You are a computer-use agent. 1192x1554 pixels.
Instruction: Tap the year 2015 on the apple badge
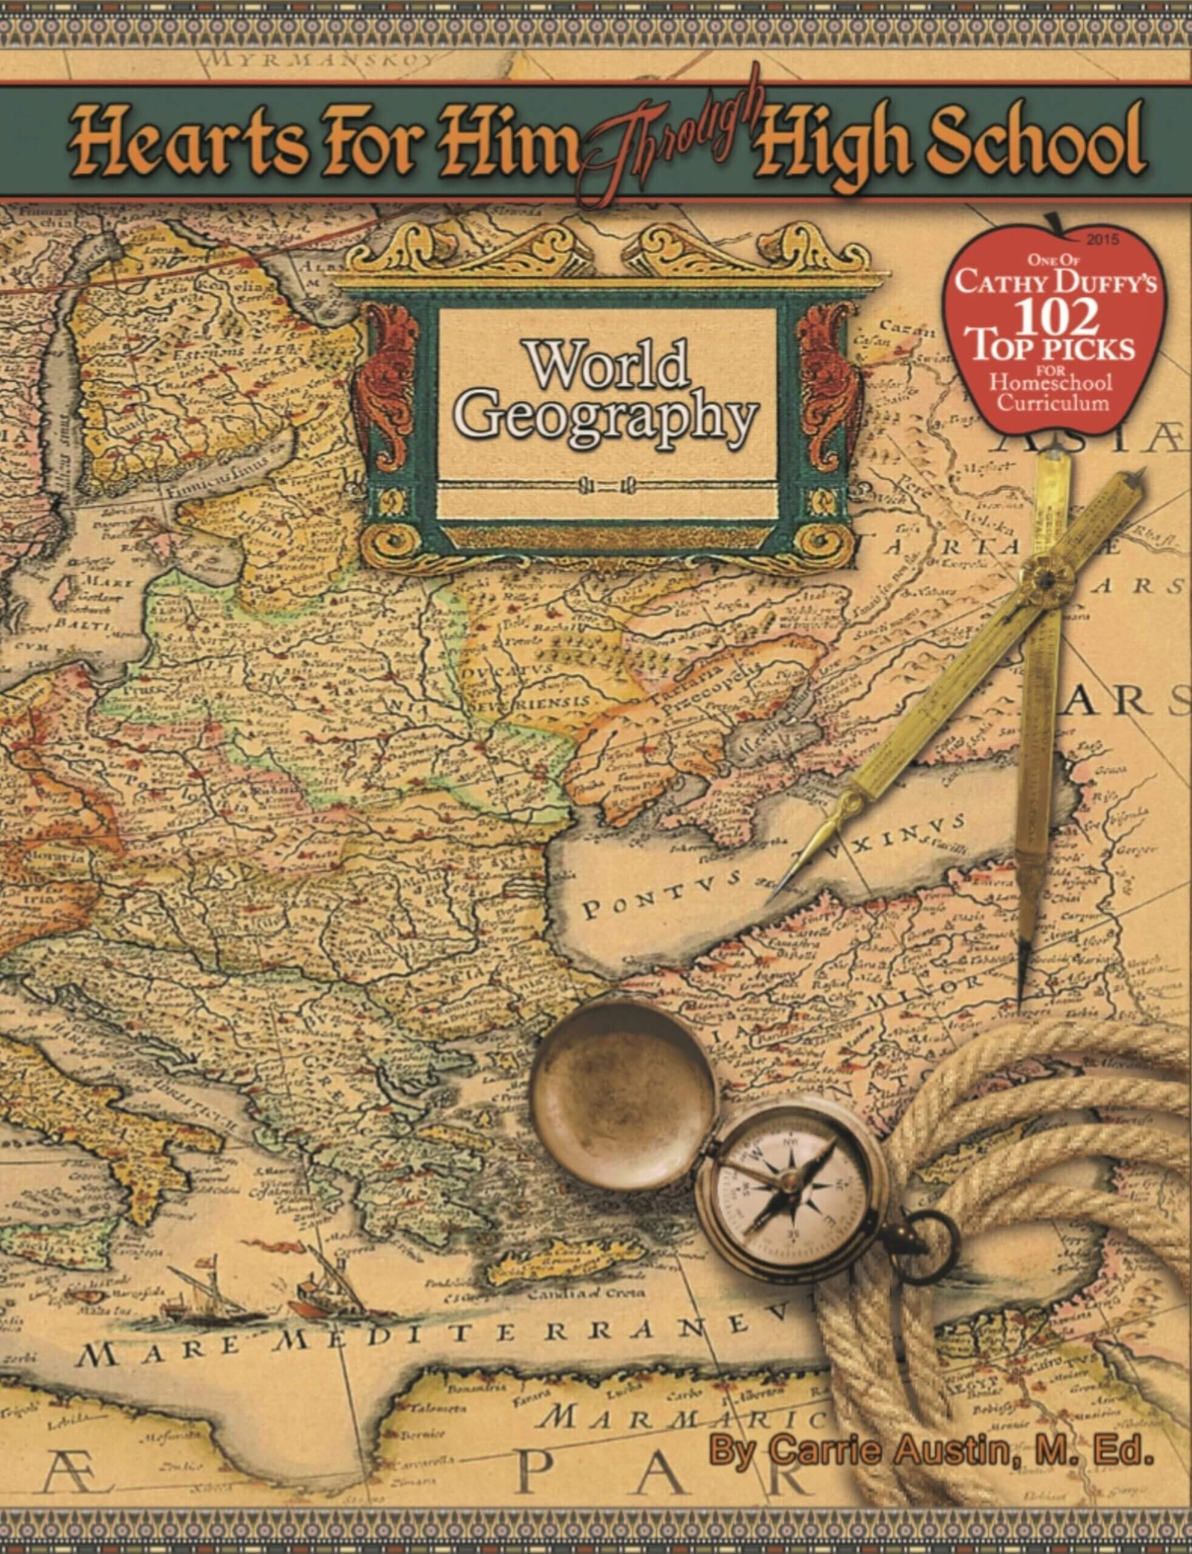point(1103,240)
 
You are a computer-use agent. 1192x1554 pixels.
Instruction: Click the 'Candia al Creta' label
point(585,1292)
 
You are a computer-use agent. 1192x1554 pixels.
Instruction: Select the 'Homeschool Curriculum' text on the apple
point(1052,392)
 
